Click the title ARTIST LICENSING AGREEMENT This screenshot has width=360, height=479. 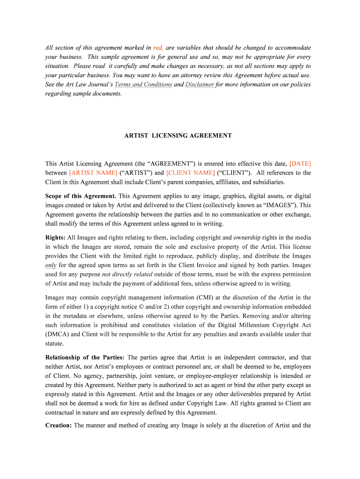178,136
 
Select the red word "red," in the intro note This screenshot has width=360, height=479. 158,48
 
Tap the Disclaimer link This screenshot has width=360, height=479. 200,85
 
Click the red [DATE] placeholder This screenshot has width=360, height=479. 300,164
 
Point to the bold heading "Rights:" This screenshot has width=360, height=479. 56,238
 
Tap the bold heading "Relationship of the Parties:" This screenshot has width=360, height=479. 85,357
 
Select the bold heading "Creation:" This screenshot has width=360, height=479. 58,425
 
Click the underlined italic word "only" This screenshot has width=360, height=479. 50,265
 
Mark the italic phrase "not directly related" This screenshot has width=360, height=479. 127,274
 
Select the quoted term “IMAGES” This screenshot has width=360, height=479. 280,205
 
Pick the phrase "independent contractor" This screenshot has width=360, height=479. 257,357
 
